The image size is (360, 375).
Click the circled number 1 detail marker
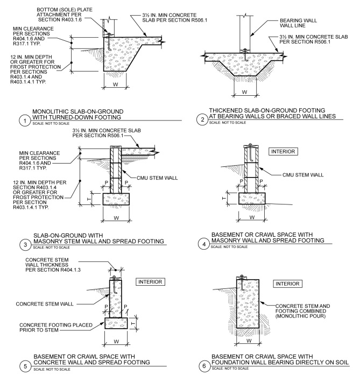coord(24,121)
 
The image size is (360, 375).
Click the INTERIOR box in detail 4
coord(283,152)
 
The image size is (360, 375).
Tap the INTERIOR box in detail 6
coord(288,283)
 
